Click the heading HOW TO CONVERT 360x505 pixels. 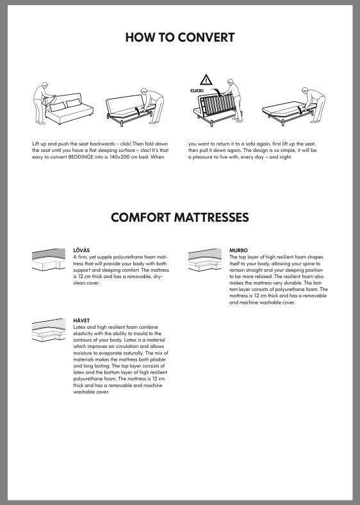[x=179, y=37]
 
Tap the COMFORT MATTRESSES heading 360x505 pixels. [x=179, y=217]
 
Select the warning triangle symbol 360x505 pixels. [x=206, y=80]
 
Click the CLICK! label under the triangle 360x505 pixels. [x=197, y=91]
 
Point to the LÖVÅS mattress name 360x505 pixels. [x=81, y=250]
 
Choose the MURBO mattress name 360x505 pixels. [x=238, y=250]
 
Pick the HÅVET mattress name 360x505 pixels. [x=81, y=320]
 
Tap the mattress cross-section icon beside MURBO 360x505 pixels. [x=206, y=260]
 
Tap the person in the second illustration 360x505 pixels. [x=154, y=103]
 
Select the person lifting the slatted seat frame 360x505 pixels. [x=233, y=99]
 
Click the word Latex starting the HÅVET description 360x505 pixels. [x=80, y=326]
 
